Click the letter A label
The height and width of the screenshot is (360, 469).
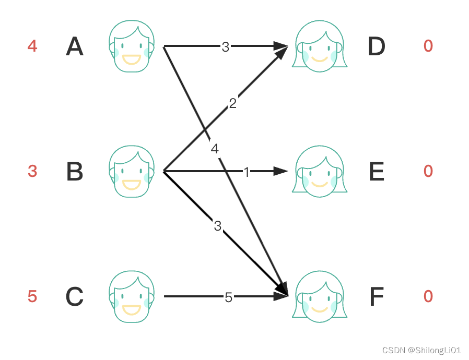75,47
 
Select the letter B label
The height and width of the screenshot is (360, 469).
75,172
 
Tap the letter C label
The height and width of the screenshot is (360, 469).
75,297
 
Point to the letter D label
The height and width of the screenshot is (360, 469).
377,47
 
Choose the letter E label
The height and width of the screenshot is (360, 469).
377,172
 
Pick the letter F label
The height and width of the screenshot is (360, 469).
377,297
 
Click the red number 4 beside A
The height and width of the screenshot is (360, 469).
32,46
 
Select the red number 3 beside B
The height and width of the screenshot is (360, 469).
32,171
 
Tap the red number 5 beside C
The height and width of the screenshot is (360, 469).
32,296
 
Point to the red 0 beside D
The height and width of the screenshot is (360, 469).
428,46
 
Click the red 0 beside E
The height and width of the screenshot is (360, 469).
428,171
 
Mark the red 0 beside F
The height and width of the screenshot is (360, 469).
428,296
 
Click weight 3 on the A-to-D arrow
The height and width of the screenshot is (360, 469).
225,47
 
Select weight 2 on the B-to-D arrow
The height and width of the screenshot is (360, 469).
232,103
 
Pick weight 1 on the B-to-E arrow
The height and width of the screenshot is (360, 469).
247,172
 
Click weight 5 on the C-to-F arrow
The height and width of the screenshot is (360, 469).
228,297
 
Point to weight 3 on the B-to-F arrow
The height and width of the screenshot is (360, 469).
218,226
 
